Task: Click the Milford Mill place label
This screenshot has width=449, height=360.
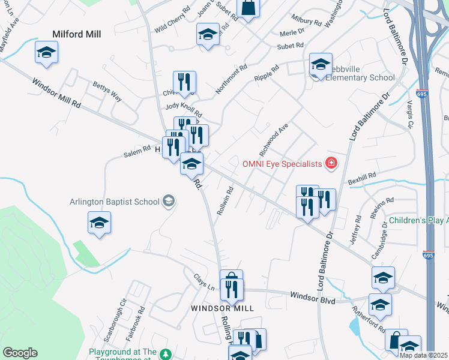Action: click(76, 34)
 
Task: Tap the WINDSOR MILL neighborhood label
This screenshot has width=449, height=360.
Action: click(222, 308)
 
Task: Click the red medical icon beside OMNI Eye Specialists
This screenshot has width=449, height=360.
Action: click(330, 163)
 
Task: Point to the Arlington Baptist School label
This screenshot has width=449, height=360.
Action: click(114, 202)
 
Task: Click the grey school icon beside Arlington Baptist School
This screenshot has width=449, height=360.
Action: click(168, 201)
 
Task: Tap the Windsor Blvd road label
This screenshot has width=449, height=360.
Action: click(312, 296)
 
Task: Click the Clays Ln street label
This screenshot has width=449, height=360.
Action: click(203, 280)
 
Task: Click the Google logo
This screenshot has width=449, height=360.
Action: click(20, 353)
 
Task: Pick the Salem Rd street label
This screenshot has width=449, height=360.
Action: click(137, 151)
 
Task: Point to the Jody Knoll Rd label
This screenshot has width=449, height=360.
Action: click(184, 110)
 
